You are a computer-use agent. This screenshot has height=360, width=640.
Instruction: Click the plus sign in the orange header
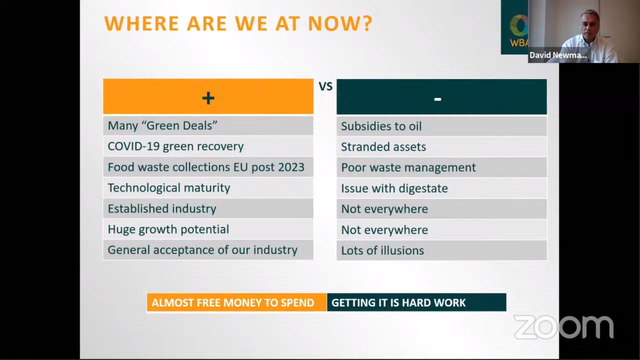tap(208, 98)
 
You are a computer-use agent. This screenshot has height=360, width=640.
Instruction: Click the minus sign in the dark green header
tap(438, 99)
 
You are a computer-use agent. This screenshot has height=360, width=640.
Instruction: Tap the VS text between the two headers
tap(326, 87)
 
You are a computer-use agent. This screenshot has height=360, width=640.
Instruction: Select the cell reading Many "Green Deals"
tap(208, 126)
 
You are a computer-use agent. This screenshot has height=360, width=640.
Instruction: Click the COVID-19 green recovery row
tap(208, 146)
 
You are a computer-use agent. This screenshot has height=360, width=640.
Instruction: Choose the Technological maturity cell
tap(208, 188)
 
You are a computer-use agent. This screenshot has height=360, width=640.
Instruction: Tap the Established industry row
tap(208, 209)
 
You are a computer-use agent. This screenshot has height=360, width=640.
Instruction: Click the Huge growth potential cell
tap(208, 229)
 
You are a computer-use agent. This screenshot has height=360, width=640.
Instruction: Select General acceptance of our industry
tap(208, 250)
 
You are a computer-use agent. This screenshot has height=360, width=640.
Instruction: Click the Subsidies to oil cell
tap(442, 126)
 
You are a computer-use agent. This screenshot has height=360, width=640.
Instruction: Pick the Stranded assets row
tap(442, 147)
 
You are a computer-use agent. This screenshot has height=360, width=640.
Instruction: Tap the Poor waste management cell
tap(442, 168)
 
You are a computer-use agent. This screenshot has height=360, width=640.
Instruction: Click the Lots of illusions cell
tap(442, 251)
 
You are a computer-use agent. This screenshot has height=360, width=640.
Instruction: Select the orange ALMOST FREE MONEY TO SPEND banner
tap(237, 302)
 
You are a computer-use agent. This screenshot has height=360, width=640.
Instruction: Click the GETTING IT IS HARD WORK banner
tap(417, 302)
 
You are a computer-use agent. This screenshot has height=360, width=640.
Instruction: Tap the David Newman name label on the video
tap(558, 55)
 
